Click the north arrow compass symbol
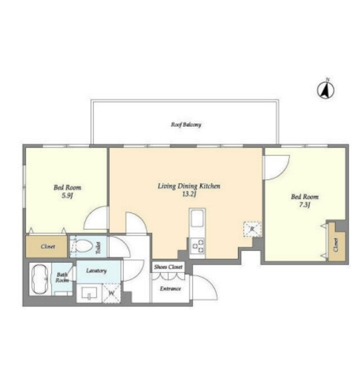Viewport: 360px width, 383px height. click(x=326, y=89)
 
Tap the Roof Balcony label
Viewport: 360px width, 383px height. click(x=186, y=124)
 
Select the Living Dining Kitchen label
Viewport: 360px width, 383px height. click(x=189, y=186)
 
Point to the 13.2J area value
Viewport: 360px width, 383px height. click(x=189, y=194)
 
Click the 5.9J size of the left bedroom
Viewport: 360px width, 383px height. click(x=67, y=196)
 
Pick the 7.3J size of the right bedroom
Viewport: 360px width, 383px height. click(x=305, y=205)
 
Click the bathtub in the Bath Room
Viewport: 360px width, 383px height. click(x=40, y=279)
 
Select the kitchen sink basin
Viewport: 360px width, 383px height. click(x=197, y=218)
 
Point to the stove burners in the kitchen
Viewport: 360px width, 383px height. click(x=197, y=246)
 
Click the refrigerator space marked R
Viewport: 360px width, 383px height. click(x=252, y=229)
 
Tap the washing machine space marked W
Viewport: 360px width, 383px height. click(x=111, y=293)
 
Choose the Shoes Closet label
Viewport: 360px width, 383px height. click(x=168, y=267)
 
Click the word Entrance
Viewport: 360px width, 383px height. click(x=171, y=288)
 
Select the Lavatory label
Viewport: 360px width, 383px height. click(x=96, y=270)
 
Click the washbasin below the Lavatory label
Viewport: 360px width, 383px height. click(x=89, y=293)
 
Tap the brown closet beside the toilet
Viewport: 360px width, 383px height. click(x=47, y=246)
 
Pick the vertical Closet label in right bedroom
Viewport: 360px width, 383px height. click(x=336, y=245)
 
